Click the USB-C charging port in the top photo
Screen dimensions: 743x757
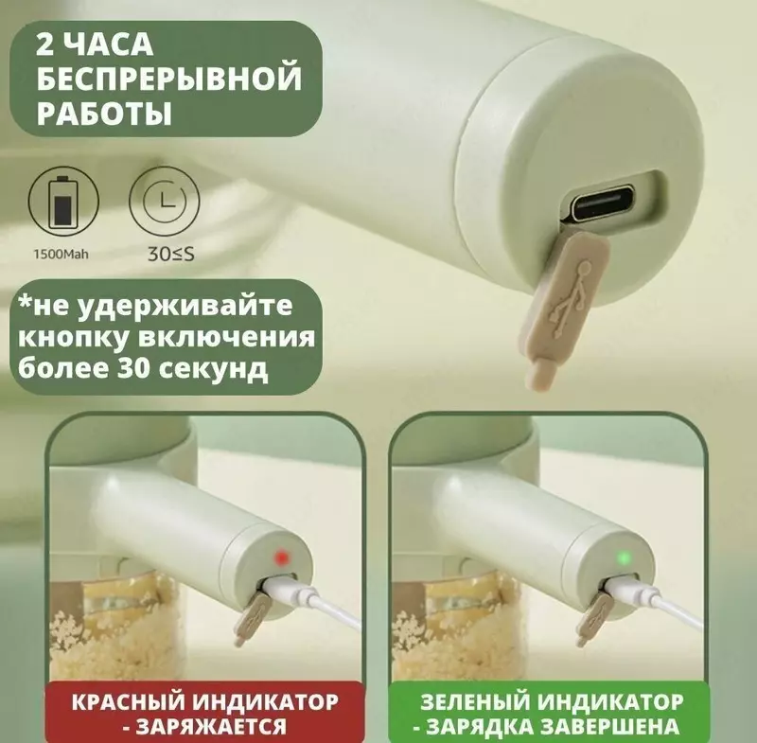pos(607,203)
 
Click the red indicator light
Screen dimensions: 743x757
pos(278,554)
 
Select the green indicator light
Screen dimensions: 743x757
pos(623,554)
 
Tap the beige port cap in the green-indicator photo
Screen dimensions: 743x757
pos(595,612)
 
